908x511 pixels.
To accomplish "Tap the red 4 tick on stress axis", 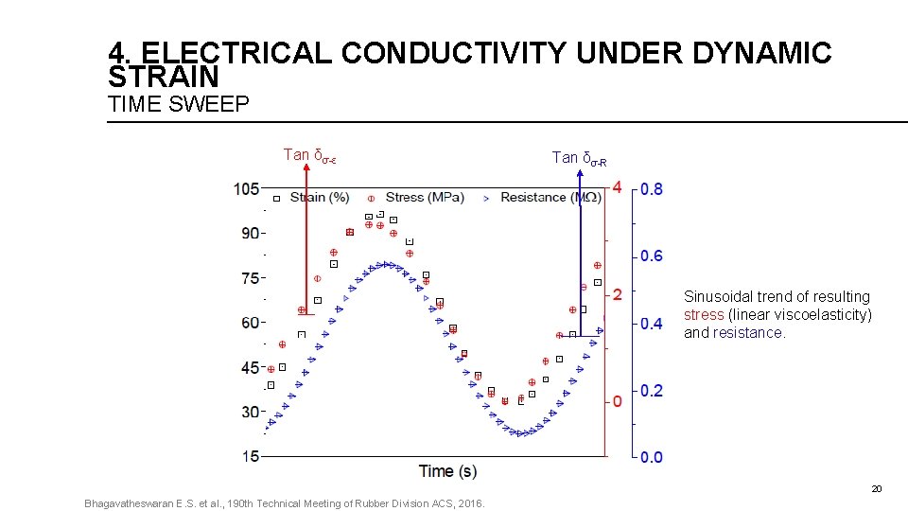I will click(617, 187).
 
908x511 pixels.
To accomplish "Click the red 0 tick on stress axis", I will click(617, 401).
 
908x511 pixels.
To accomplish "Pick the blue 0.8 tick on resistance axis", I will click(652, 189).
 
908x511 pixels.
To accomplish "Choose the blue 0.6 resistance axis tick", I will click(652, 256).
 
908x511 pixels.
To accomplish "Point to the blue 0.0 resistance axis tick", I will click(652, 457).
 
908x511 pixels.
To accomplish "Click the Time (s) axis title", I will click(447, 471).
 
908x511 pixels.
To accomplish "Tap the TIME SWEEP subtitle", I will click(179, 105).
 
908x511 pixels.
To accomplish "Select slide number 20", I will click(876, 489).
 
